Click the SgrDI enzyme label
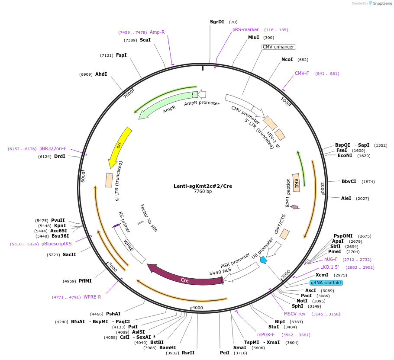[x=217, y=22]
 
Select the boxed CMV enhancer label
[x=278, y=47]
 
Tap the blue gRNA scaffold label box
[x=326, y=283]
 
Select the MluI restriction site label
[x=253, y=38]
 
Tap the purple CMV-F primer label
[x=302, y=73]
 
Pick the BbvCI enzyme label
[x=349, y=182]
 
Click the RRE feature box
[x=297, y=179]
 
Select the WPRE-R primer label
[x=92, y=297]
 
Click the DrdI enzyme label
[x=59, y=156]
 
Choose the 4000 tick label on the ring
[x=197, y=308]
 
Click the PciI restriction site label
[x=225, y=353]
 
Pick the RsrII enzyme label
[x=188, y=353]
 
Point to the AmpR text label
[x=169, y=110]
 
